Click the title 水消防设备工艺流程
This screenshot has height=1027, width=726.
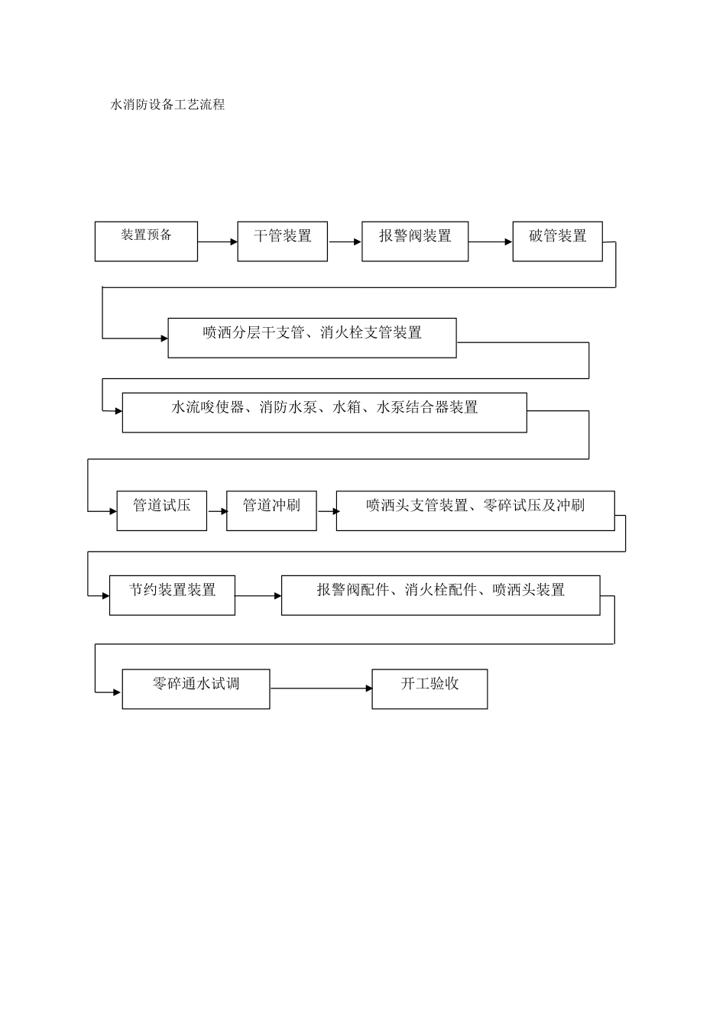(168, 105)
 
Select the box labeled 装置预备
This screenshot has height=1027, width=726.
(146, 241)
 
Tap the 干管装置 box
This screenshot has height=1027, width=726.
(282, 241)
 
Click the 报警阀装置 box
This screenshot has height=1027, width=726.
(415, 241)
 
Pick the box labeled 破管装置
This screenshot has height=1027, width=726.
(557, 241)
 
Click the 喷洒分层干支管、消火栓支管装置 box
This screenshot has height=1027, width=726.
(312, 338)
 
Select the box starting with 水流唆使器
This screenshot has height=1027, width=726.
(324, 413)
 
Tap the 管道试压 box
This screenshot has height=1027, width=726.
(161, 510)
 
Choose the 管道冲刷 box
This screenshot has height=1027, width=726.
(271, 510)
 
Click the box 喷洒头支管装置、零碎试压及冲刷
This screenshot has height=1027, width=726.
(475, 510)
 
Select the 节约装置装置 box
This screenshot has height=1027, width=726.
(172, 595)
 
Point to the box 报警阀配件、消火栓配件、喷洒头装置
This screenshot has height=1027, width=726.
(440, 595)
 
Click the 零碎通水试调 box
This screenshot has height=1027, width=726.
(196, 689)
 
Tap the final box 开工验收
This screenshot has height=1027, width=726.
(429, 689)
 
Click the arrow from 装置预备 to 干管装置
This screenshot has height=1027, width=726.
(218, 242)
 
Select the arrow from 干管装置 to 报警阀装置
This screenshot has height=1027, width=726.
(345, 242)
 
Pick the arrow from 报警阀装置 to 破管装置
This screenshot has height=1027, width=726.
(490, 242)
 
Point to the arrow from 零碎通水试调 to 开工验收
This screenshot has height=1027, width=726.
(321, 688)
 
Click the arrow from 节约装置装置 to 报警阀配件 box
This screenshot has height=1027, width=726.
(258, 596)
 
